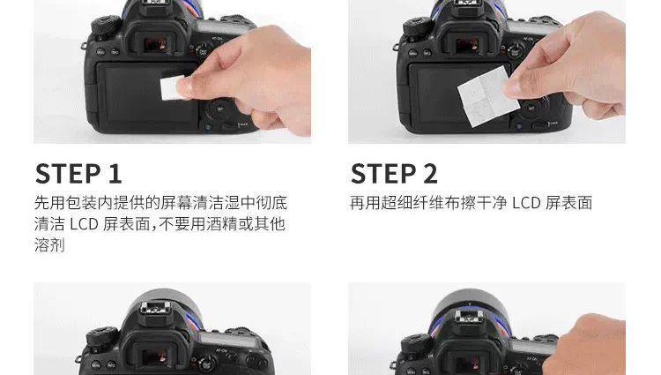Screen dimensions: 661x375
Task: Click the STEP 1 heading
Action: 78,173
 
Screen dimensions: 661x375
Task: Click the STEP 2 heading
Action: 394,173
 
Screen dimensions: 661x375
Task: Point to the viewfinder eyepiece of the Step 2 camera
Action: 468,41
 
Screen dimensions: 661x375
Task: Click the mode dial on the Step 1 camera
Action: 104,26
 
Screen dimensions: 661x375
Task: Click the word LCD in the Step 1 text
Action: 84,224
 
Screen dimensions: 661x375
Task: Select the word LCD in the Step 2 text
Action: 526,203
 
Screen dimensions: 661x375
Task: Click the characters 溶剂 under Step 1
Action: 49,245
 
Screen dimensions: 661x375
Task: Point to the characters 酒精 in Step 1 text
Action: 222,224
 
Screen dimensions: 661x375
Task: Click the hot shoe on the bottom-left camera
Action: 155,308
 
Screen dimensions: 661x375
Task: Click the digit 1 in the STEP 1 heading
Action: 115,174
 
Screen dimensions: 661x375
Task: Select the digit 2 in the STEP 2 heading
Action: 430,174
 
